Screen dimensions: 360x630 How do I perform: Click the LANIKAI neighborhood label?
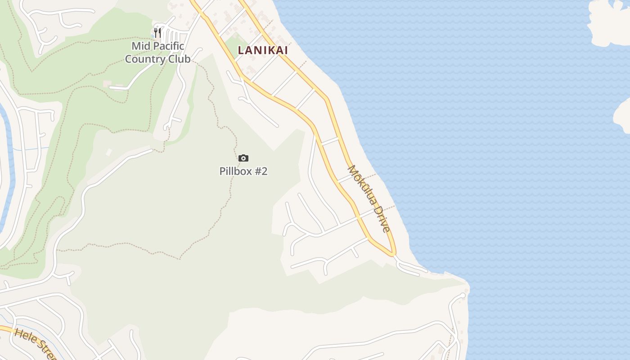(x=263, y=50)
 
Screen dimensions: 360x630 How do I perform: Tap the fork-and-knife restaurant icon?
(x=157, y=32)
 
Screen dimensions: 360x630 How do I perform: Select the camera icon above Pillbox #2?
(x=243, y=158)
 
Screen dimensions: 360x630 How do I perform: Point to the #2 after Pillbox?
(x=261, y=171)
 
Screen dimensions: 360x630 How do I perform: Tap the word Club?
(x=179, y=59)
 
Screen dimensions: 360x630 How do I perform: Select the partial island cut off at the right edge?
(x=623, y=115)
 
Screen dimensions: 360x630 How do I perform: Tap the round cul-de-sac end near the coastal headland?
(x=463, y=296)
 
